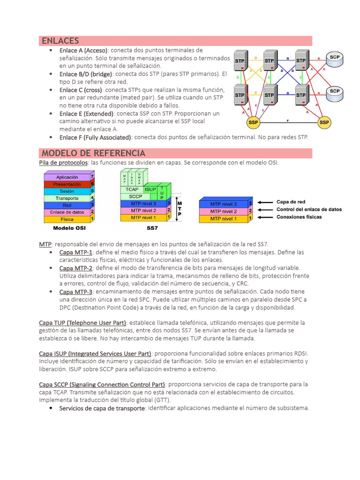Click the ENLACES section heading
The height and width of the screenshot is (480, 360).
pyautogui.click(x=60, y=41)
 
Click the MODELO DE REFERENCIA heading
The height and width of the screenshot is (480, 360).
pyautogui.click(x=93, y=153)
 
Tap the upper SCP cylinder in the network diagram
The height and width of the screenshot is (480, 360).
pyautogui.click(x=335, y=58)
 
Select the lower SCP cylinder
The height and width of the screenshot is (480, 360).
pyautogui.click(x=335, y=92)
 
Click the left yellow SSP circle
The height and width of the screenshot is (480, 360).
pyautogui.click(x=254, y=123)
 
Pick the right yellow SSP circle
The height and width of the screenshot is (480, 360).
pyautogui.click(x=324, y=123)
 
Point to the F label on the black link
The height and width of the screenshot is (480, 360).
pyautogui.click(x=287, y=120)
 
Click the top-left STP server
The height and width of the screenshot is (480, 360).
pyautogui.click(x=240, y=60)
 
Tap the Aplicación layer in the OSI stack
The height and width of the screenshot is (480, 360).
pyautogui.click(x=67, y=177)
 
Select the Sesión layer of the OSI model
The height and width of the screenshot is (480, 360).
pyautogui.click(x=67, y=191)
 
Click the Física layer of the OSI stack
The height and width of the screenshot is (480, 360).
pyautogui.click(x=67, y=219)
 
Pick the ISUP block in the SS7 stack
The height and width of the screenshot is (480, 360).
pyautogui.click(x=150, y=189)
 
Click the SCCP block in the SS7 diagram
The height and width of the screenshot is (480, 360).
pyautogui.click(x=135, y=196)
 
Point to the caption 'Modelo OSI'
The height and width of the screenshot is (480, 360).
pyautogui.click(x=69, y=229)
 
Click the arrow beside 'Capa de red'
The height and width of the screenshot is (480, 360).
pyautogui.click(x=265, y=202)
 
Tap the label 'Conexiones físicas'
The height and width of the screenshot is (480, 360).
pyautogui.click(x=299, y=217)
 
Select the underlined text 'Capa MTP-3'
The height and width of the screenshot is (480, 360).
pyautogui.click(x=75, y=292)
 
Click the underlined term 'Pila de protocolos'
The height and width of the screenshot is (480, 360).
pyautogui.click(x=63, y=163)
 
